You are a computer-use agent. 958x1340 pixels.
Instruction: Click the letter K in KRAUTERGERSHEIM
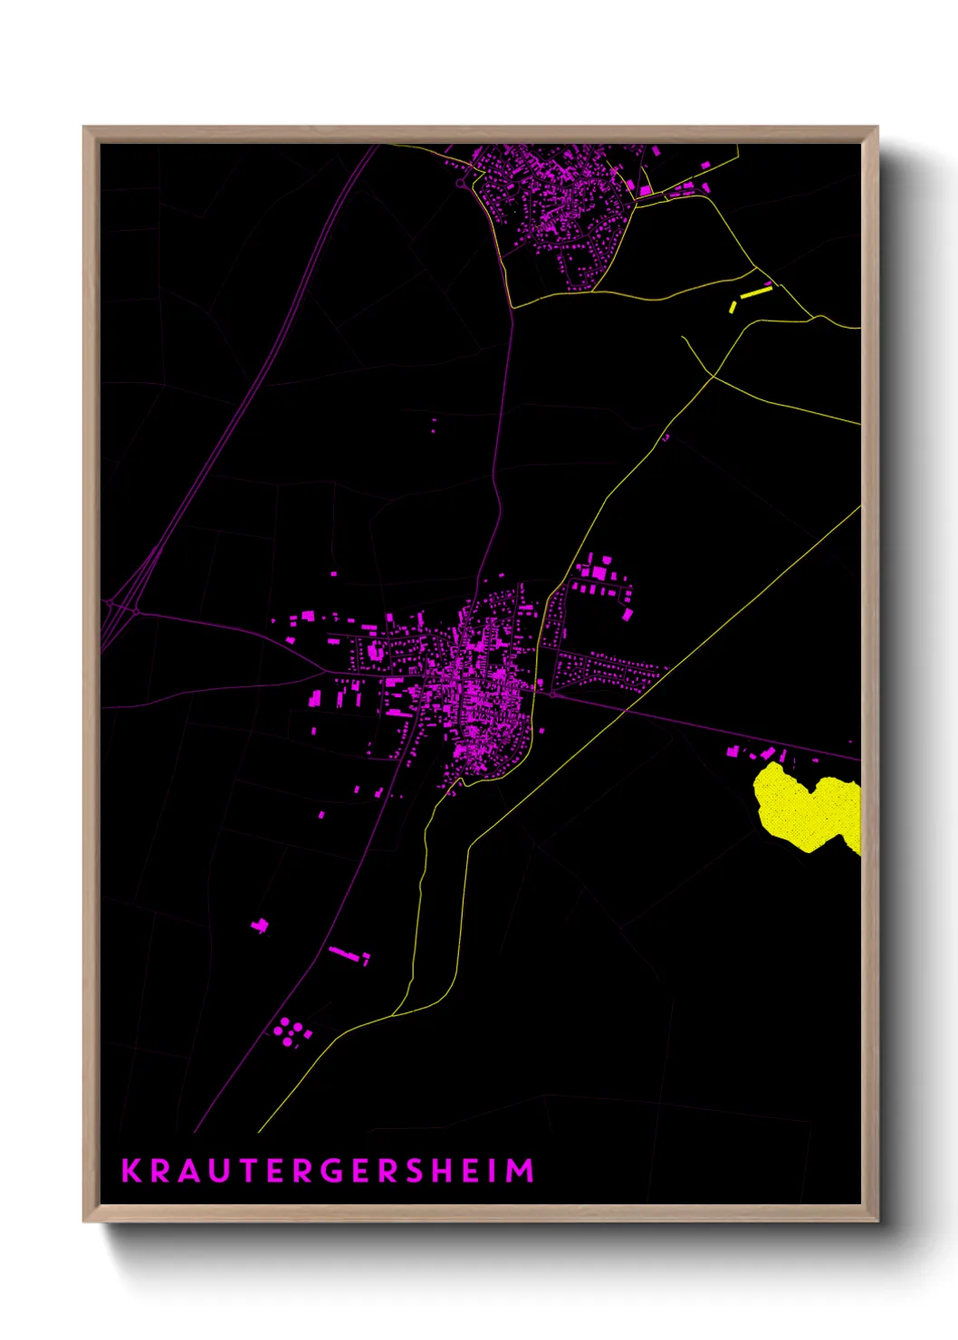click(x=131, y=1171)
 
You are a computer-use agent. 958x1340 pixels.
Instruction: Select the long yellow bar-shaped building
click(x=756, y=292)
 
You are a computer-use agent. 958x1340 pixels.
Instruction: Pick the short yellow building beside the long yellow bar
click(x=733, y=307)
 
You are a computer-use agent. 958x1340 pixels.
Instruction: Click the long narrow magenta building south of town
click(x=344, y=952)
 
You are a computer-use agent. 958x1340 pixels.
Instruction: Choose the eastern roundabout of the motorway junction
click(x=136, y=612)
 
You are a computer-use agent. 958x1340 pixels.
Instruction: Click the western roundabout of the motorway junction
click(x=107, y=602)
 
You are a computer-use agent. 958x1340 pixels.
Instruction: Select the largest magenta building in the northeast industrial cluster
click(x=599, y=572)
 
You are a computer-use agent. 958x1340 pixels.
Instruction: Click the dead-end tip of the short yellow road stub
click(x=683, y=338)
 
